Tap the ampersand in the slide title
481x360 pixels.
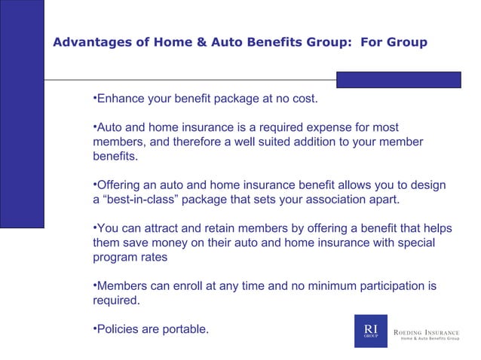pos(201,42)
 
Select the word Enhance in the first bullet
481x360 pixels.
pos(122,99)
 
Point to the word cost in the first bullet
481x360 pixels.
pos(304,99)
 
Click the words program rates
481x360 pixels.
pos(130,257)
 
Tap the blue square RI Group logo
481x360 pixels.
pos(370,331)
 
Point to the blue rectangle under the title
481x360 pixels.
pos(398,80)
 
